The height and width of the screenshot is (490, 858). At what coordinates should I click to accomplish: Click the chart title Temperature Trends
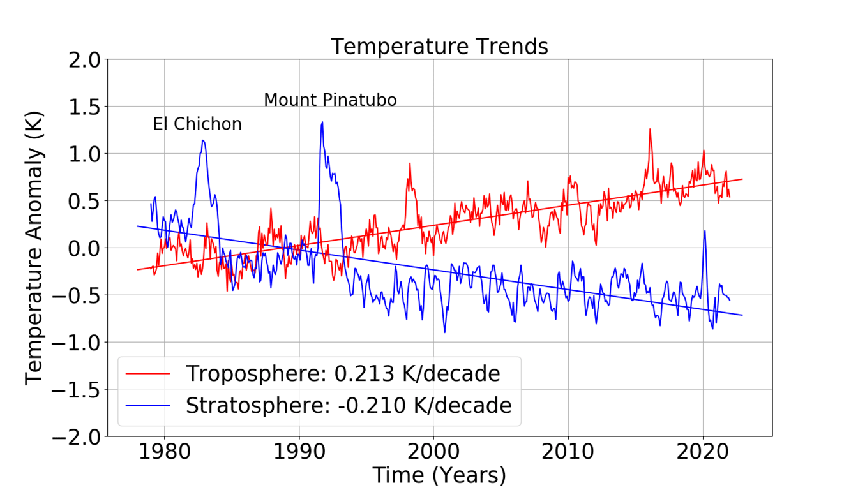439,47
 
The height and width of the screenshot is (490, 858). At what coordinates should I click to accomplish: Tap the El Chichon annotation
197,124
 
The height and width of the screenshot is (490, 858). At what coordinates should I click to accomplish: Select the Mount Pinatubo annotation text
330,100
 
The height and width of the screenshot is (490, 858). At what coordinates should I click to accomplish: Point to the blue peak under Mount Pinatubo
322,122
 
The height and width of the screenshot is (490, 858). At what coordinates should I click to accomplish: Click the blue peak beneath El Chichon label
203,141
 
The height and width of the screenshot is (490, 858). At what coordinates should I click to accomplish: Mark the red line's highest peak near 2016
650,130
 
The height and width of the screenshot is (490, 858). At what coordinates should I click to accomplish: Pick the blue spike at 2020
705,231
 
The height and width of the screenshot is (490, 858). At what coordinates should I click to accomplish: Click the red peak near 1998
409,164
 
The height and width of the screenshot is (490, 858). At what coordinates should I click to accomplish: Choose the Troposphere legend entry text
343,374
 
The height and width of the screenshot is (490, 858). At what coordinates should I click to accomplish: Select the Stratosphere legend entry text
349,405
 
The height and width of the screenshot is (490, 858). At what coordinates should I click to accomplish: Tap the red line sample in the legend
149,374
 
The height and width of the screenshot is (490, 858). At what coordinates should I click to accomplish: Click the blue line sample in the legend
149,405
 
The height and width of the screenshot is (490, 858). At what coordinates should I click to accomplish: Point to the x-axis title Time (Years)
439,475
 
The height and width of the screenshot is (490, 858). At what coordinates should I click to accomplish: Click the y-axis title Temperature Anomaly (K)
35,248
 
